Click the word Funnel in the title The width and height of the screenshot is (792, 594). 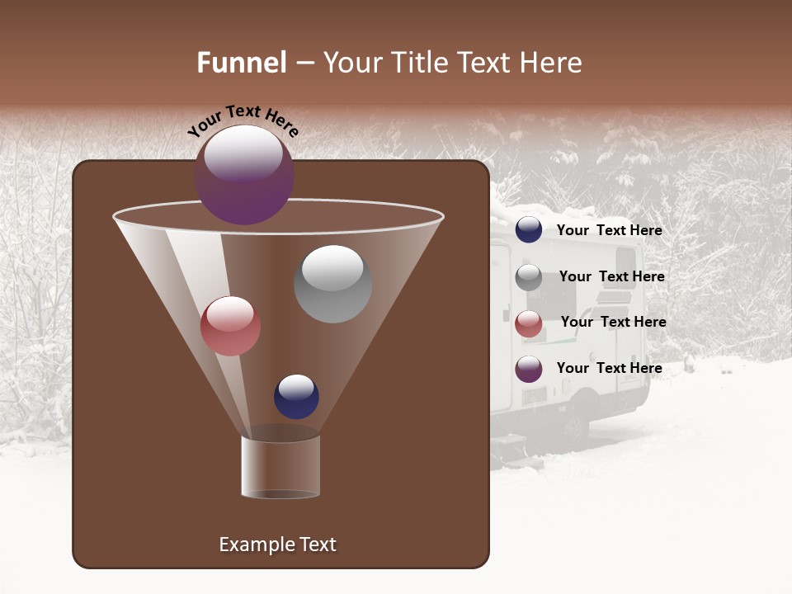[x=241, y=63]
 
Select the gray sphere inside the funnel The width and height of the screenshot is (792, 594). [x=332, y=284]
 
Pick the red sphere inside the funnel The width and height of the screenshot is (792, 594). [x=230, y=326]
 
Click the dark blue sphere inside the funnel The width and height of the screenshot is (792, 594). [x=296, y=396]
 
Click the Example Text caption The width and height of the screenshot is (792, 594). [x=277, y=544]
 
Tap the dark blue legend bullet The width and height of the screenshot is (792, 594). [x=529, y=230]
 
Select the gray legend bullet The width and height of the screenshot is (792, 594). [x=529, y=276]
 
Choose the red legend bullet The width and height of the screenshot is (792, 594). [x=529, y=323]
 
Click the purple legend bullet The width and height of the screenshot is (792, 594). [x=529, y=368]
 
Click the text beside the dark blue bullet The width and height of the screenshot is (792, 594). [x=609, y=230]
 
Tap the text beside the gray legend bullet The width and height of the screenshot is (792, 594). [x=611, y=276]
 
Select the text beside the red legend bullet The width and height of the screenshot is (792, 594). [x=613, y=322]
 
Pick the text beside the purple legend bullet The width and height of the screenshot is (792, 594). [x=609, y=368]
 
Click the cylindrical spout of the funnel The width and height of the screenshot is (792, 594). [x=280, y=466]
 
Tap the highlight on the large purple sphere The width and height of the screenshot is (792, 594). [x=243, y=153]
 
